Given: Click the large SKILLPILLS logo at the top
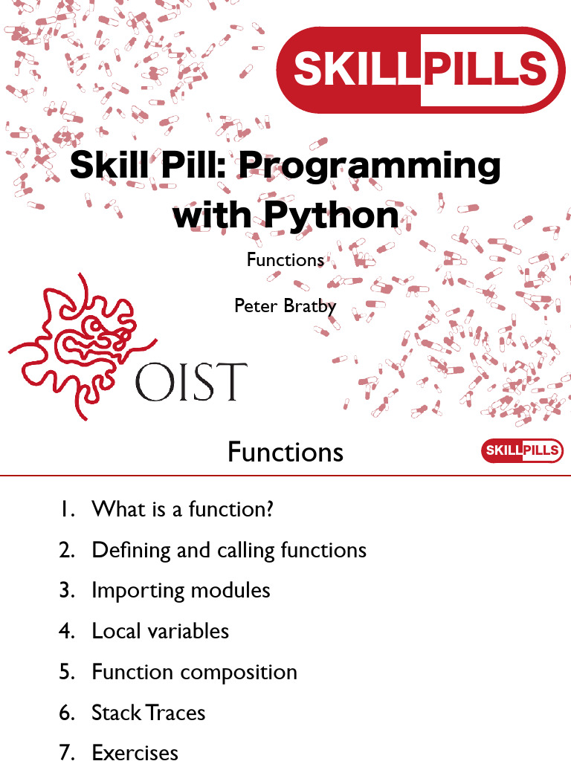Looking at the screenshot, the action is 421,70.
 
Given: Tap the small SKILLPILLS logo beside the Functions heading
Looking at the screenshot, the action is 522,450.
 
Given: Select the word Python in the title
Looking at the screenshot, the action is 332,215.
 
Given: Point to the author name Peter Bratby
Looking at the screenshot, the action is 285,306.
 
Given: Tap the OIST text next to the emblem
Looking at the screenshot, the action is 191,382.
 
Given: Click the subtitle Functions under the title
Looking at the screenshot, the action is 285,259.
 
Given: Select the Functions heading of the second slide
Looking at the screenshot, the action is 285,453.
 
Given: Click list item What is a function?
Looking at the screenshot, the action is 183,509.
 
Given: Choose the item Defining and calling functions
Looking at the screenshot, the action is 229,551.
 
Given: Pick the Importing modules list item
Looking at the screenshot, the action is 181,591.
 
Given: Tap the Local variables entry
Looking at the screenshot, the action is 161,631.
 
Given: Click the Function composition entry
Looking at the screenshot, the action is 194,673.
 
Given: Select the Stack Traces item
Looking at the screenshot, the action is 149,713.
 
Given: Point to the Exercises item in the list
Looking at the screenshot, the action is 135,752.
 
